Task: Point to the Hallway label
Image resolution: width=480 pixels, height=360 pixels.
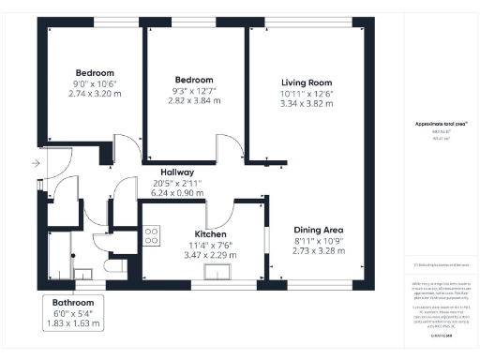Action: [176, 172]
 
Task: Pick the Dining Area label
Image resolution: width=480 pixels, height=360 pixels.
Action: [319, 230]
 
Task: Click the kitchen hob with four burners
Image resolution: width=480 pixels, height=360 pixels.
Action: [153, 235]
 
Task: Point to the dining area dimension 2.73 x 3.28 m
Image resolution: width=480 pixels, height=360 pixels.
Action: [319, 252]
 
